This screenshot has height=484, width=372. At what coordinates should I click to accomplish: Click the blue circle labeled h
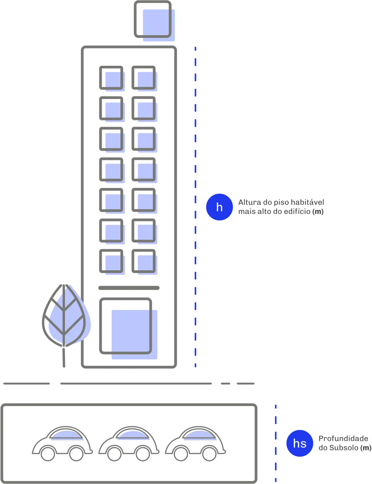(219, 207)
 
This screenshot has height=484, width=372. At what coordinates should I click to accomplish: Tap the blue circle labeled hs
(300, 443)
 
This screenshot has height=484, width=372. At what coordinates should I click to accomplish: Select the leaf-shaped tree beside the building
(65, 315)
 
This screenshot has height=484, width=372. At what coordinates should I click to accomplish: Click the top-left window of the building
(112, 78)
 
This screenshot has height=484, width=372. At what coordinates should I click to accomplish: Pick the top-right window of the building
(145, 78)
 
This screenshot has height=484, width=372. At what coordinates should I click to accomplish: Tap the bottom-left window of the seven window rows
(112, 262)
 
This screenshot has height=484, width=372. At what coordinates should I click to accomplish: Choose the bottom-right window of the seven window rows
(145, 262)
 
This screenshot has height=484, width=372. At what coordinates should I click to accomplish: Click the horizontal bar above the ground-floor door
(130, 287)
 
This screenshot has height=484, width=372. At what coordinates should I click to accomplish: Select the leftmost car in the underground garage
(62, 443)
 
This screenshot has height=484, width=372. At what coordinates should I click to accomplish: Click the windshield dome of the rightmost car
(198, 434)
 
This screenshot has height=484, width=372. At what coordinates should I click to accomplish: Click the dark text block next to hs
(344, 443)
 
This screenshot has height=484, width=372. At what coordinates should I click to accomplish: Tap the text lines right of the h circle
(281, 207)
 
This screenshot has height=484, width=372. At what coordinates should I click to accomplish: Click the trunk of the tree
(64, 357)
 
